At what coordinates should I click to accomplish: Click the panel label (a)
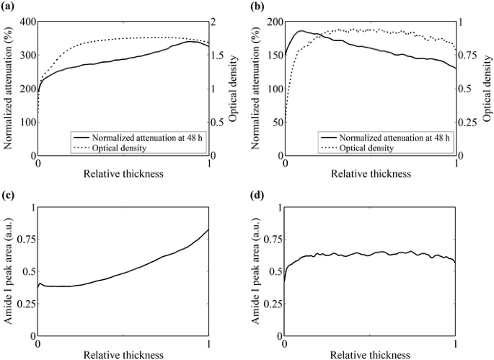pyautogui.click(x=10, y=6)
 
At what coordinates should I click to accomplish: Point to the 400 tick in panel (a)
pyautogui.click(x=26, y=22)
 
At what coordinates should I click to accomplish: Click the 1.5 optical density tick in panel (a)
pyautogui.click(x=219, y=56)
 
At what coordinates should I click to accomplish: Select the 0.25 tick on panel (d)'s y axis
pyautogui.click(x=272, y=304)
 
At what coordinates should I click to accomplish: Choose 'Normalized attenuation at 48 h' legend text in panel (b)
pyautogui.click(x=391, y=137)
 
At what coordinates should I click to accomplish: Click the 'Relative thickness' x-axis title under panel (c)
pyautogui.click(x=123, y=354)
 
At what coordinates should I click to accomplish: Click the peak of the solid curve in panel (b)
pyautogui.click(x=301, y=31)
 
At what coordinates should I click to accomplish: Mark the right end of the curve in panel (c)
pyautogui.click(x=210, y=229)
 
